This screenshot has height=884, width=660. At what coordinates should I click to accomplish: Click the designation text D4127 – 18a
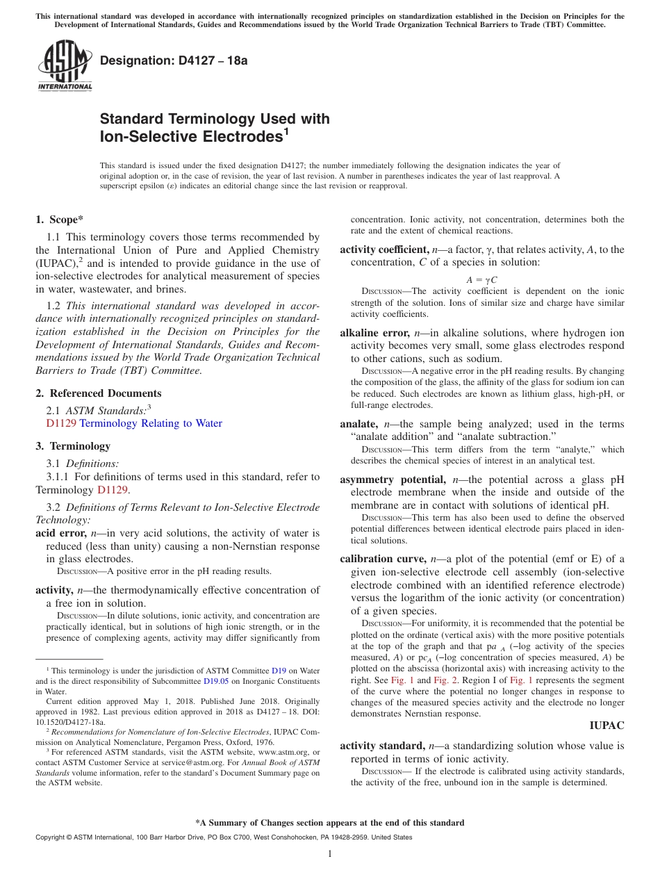tap(174, 60)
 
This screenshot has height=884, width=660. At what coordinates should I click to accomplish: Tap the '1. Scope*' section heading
tap(60, 220)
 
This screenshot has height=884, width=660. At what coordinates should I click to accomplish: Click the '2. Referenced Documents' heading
tap(98, 393)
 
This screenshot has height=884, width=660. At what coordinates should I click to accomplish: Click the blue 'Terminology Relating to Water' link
tap(151, 423)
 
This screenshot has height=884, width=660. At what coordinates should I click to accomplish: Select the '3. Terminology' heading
tap(73, 446)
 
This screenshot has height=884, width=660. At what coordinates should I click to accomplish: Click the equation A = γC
tap(481, 279)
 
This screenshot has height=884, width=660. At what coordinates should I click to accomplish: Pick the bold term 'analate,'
tap(359, 424)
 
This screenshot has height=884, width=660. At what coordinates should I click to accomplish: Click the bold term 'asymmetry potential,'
tap(393, 480)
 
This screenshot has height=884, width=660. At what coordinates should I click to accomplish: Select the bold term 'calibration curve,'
tap(383, 559)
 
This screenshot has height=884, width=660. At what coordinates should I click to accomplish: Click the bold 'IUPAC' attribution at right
tap(607, 726)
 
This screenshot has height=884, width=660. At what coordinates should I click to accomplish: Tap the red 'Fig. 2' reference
tap(445, 680)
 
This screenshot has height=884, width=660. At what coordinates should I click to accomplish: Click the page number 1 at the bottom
tap(330, 854)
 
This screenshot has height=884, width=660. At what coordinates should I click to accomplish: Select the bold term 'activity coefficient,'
tap(383, 249)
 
